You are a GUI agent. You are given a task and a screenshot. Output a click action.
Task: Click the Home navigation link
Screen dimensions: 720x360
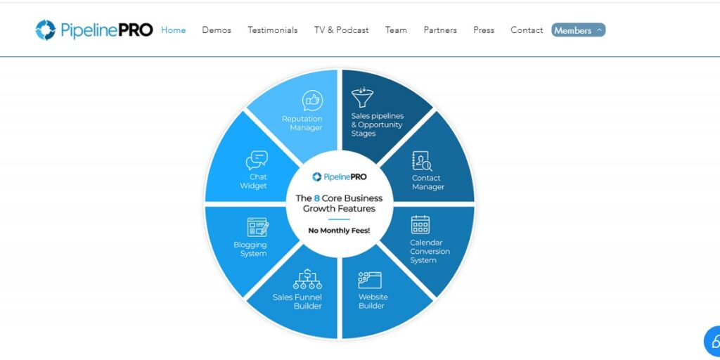(x=174, y=30)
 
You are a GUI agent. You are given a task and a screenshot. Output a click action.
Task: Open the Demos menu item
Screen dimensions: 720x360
(x=217, y=30)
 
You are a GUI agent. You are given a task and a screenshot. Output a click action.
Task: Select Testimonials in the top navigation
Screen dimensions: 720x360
(x=273, y=30)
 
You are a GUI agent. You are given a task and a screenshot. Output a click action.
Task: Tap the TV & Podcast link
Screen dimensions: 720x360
(x=342, y=30)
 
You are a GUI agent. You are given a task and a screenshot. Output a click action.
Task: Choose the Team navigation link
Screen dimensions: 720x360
(x=396, y=30)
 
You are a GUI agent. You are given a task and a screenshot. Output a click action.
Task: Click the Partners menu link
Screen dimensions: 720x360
(x=440, y=30)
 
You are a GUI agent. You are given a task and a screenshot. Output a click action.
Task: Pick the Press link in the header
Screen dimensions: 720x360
(x=484, y=30)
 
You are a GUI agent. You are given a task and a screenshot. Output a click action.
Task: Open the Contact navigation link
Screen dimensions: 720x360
(x=527, y=30)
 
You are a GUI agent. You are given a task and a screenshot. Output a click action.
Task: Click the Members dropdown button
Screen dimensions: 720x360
(x=579, y=30)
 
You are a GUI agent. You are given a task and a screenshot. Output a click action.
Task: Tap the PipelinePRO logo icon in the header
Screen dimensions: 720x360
(x=46, y=30)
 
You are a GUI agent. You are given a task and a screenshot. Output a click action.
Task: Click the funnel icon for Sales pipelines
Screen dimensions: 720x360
(x=362, y=97)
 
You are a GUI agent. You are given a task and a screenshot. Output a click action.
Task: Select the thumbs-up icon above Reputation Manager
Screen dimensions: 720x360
(x=312, y=101)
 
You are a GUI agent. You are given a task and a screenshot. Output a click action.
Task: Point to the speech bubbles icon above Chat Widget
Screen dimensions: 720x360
(x=257, y=160)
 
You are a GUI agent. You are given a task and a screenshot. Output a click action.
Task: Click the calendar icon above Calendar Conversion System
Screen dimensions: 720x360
(x=420, y=224)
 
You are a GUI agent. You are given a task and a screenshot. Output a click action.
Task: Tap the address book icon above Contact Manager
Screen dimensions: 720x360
(x=422, y=161)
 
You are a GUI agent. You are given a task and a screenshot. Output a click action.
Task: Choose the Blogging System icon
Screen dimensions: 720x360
(x=258, y=227)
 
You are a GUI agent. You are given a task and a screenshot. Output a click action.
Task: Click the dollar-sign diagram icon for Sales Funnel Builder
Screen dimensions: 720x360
(x=308, y=279)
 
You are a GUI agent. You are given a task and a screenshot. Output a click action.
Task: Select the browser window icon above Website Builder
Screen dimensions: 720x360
(x=370, y=280)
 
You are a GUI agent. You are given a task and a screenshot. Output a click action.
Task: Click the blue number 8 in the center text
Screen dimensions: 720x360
(x=317, y=198)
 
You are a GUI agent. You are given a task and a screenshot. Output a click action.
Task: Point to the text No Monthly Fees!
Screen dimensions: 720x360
(x=339, y=231)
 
